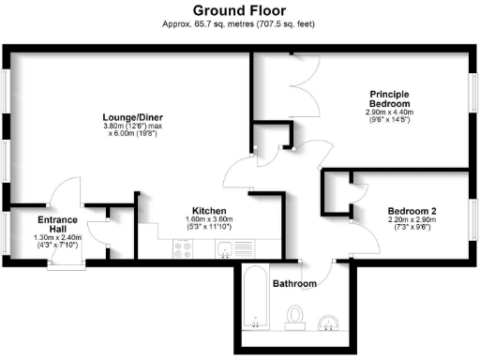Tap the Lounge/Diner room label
130,117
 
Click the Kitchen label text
207,210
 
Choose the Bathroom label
294,282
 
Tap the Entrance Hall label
57,225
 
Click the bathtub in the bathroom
255,298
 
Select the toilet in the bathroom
296,317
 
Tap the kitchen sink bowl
225,248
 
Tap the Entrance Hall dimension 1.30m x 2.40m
57,238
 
